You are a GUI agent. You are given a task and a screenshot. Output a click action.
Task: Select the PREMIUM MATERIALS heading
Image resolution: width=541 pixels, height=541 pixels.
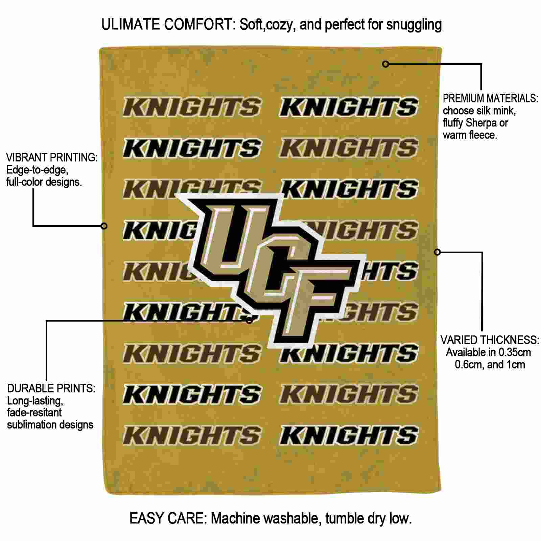[x=490, y=98]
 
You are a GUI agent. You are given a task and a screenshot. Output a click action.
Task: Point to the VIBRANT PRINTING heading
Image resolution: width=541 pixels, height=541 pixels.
[x=52, y=157]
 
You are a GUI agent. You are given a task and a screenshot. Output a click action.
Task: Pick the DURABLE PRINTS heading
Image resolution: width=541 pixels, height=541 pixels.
[x=51, y=388]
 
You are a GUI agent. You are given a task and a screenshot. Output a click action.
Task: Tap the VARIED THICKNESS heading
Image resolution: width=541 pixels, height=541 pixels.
[x=490, y=340]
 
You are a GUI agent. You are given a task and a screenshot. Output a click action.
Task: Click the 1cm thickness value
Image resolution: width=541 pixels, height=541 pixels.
[x=515, y=364]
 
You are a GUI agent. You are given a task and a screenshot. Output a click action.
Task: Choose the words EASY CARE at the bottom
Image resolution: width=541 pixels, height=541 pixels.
[x=167, y=518]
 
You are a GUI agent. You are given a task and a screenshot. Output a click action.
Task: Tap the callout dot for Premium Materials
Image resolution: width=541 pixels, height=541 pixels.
[x=385, y=64]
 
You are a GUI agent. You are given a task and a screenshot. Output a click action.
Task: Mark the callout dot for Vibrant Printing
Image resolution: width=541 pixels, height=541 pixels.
[x=104, y=226]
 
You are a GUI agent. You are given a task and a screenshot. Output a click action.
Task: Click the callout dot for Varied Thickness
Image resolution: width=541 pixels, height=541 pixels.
[x=437, y=252]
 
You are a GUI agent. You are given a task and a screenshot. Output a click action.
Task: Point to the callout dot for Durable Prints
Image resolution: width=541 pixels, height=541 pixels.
[x=250, y=320]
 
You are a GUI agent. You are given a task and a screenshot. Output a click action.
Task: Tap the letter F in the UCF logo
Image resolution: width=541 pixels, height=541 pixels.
[x=304, y=301]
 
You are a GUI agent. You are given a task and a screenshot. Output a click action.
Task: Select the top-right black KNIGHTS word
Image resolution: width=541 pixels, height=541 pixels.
[x=349, y=107]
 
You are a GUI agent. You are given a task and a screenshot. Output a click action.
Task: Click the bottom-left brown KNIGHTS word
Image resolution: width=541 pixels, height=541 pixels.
[x=192, y=435]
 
